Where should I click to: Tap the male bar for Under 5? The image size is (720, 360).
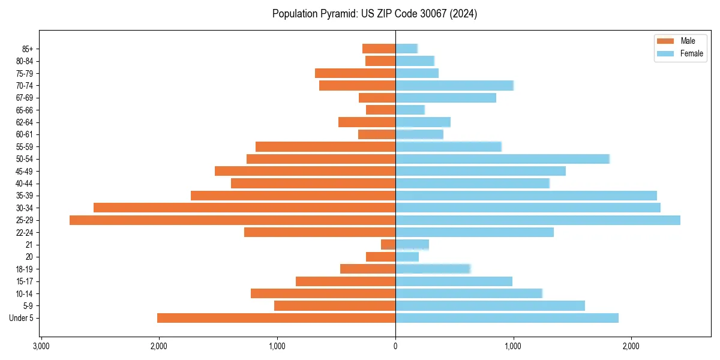[276, 318]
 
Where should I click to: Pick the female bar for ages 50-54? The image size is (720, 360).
[502, 159]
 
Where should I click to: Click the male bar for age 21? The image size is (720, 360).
[388, 245]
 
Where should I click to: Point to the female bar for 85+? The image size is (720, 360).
[406, 49]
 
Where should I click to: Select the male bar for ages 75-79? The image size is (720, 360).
[355, 73]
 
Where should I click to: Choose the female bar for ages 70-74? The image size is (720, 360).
[454, 85]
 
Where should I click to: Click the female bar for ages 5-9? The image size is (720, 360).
[490, 306]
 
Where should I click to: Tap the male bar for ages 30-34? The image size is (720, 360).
[244, 208]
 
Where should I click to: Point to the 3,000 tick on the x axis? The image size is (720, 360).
[41, 347]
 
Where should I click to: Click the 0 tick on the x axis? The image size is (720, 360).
[395, 347]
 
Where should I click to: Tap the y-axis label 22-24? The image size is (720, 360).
[24, 233]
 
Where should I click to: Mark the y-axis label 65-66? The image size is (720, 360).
[24, 110]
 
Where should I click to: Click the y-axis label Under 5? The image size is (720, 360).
[22, 318]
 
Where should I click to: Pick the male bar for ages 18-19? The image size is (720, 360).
[368, 269]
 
